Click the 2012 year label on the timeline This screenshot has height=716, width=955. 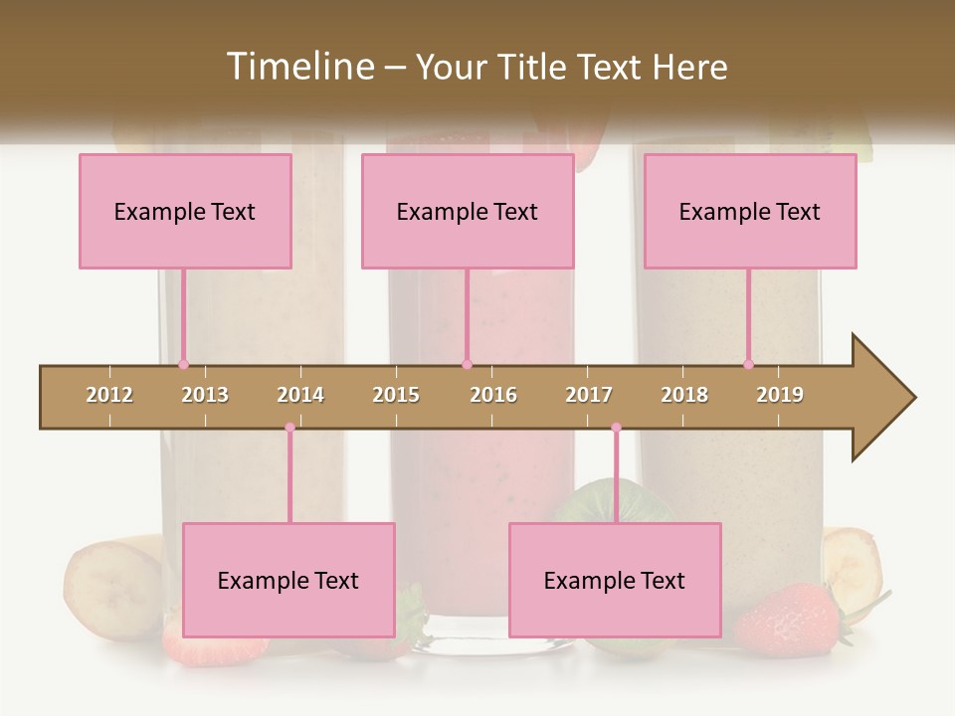point(109,395)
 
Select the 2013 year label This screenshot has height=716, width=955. point(205,395)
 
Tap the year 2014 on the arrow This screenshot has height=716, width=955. point(300,395)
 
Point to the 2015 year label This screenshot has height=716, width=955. point(396,395)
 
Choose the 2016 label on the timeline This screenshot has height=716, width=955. point(493,395)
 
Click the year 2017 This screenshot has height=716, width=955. point(589,395)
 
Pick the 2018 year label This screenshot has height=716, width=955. point(684,395)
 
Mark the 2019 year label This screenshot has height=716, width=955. point(780,395)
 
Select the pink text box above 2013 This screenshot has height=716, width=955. point(185,211)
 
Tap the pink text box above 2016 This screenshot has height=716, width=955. point(468,211)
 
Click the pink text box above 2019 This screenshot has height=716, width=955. point(750,211)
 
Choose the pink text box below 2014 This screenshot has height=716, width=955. point(288,580)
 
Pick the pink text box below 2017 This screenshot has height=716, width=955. point(615,580)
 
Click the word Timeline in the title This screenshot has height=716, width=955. point(298,67)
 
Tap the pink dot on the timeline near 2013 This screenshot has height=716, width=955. point(183,364)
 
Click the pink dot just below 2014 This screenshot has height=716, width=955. point(289,428)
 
